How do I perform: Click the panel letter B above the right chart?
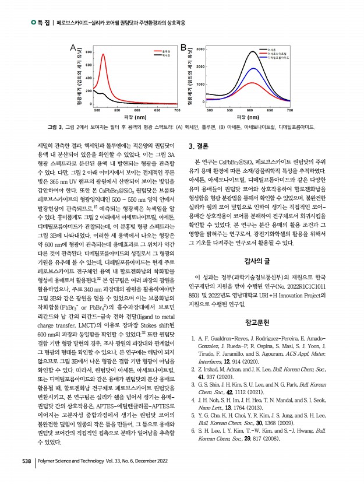(x=183, y=47)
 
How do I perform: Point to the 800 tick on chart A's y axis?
(x=88, y=52)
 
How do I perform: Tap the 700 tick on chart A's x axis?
(x=177, y=110)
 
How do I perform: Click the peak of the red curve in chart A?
(x=103, y=54)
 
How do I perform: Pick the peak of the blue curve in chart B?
(x=252, y=68)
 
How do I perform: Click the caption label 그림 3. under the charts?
(x=55, y=127)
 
